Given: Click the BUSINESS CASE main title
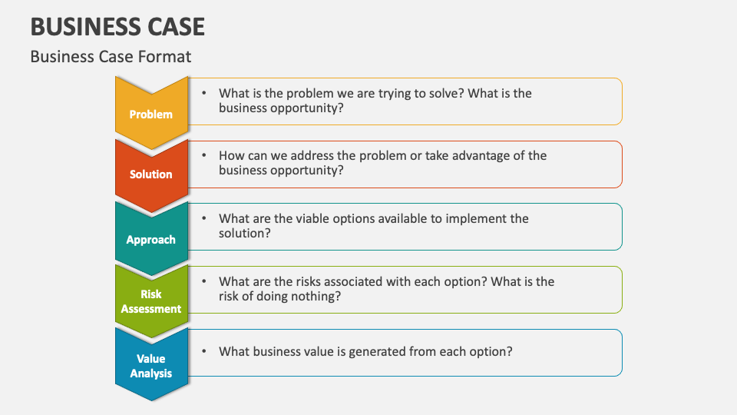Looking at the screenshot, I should (117, 27).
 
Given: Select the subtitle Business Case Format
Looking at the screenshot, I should (111, 56).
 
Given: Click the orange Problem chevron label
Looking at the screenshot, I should (150, 114).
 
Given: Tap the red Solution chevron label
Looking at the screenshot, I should (150, 174).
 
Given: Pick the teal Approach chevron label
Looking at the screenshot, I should (150, 239).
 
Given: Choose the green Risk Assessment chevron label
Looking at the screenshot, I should (150, 301).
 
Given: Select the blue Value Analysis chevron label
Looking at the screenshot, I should (150, 366).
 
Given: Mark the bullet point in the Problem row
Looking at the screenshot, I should (204, 93).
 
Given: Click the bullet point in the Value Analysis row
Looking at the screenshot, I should (204, 351).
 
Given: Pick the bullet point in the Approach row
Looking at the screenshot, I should (204, 218).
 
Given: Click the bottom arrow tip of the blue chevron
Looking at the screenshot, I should (150, 398).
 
